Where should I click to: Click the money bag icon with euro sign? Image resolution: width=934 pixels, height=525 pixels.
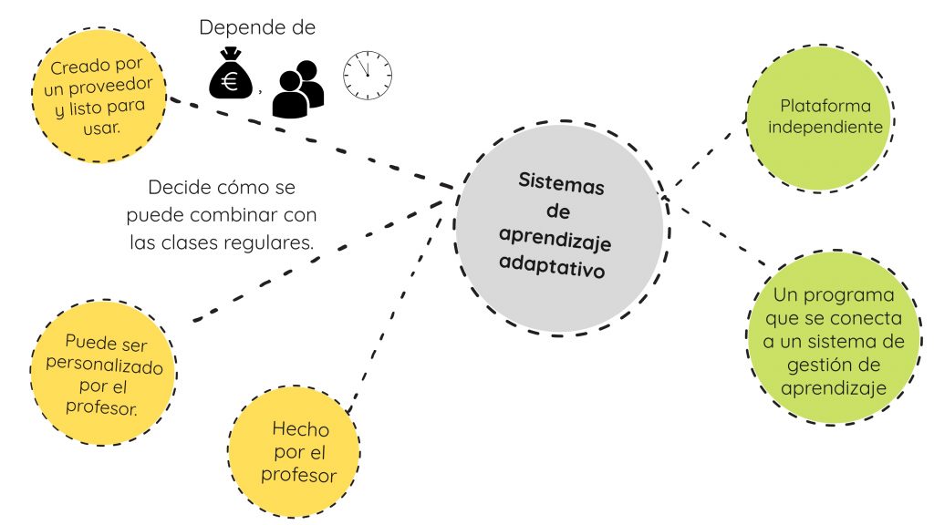[x=231, y=77]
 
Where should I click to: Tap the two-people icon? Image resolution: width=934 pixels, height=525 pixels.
[x=297, y=89]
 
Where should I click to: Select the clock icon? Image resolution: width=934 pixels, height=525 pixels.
[x=367, y=76]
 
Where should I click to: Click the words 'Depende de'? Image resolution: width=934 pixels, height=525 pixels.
[x=257, y=27]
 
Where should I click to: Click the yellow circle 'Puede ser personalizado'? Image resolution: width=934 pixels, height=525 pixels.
[x=103, y=375]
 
